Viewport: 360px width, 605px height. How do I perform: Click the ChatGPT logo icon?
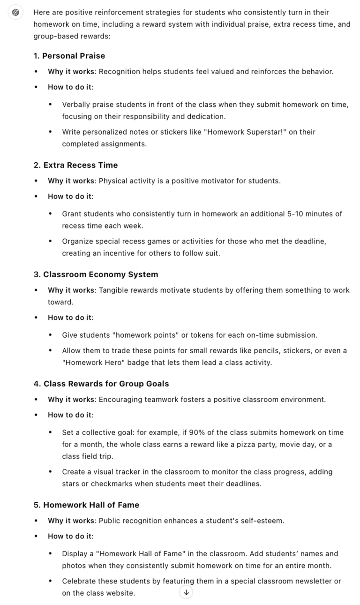[15, 13]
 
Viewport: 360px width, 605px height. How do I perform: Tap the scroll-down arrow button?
[186, 592]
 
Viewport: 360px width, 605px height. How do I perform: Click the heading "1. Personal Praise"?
[69, 56]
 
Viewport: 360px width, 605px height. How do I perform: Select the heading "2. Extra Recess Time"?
[75, 165]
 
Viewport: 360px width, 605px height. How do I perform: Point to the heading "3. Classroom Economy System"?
[96, 274]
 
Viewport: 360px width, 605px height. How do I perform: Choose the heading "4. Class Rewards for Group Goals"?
[101, 384]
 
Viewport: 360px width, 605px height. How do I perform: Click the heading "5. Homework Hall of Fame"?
[86, 505]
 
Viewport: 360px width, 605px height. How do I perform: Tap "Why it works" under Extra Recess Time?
[72, 181]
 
